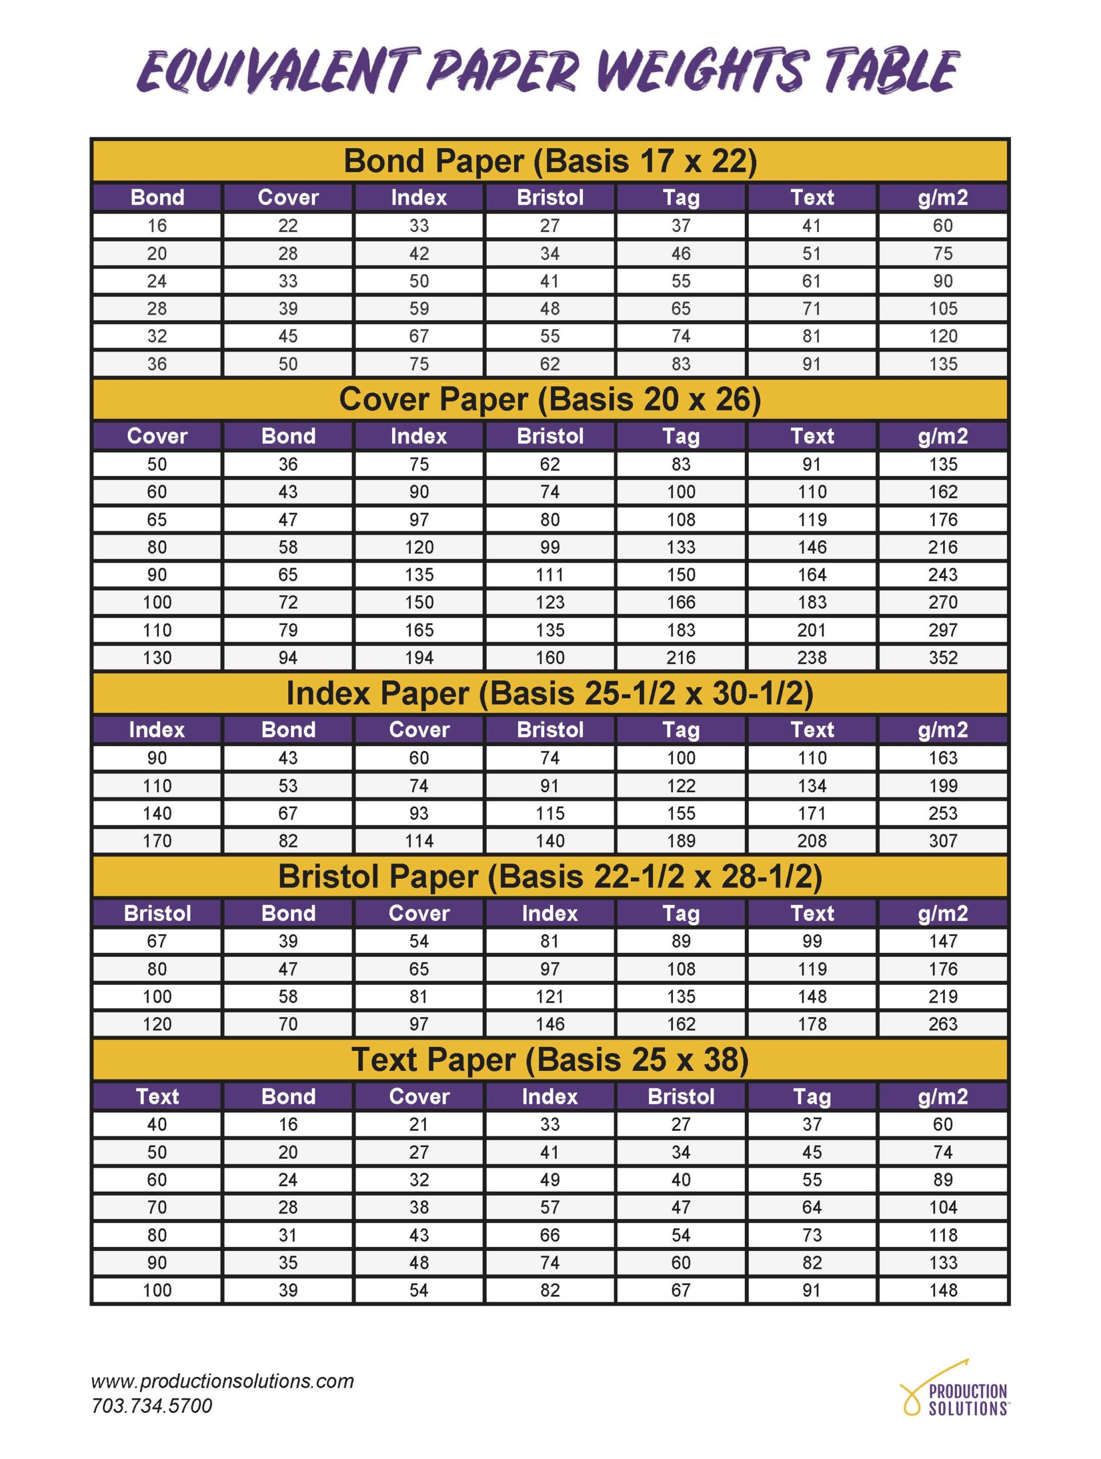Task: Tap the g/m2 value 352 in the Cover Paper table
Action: (x=943, y=658)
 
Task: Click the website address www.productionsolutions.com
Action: (x=222, y=1381)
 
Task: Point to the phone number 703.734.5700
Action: (x=152, y=1405)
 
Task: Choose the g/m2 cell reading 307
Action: (x=943, y=841)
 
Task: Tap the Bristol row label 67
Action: (x=157, y=942)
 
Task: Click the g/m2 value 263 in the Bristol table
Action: (x=943, y=1024)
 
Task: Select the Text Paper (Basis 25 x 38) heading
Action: (x=549, y=1060)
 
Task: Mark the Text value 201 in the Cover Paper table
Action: (x=812, y=630)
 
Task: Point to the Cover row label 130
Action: (x=157, y=658)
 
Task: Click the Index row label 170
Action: (x=157, y=841)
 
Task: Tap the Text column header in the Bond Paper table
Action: (x=812, y=197)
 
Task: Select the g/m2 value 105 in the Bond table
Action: (x=943, y=309)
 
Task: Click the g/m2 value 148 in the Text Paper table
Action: (x=943, y=1290)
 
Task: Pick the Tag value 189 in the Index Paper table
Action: (x=681, y=841)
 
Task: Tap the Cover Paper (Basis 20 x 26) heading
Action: (x=549, y=400)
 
